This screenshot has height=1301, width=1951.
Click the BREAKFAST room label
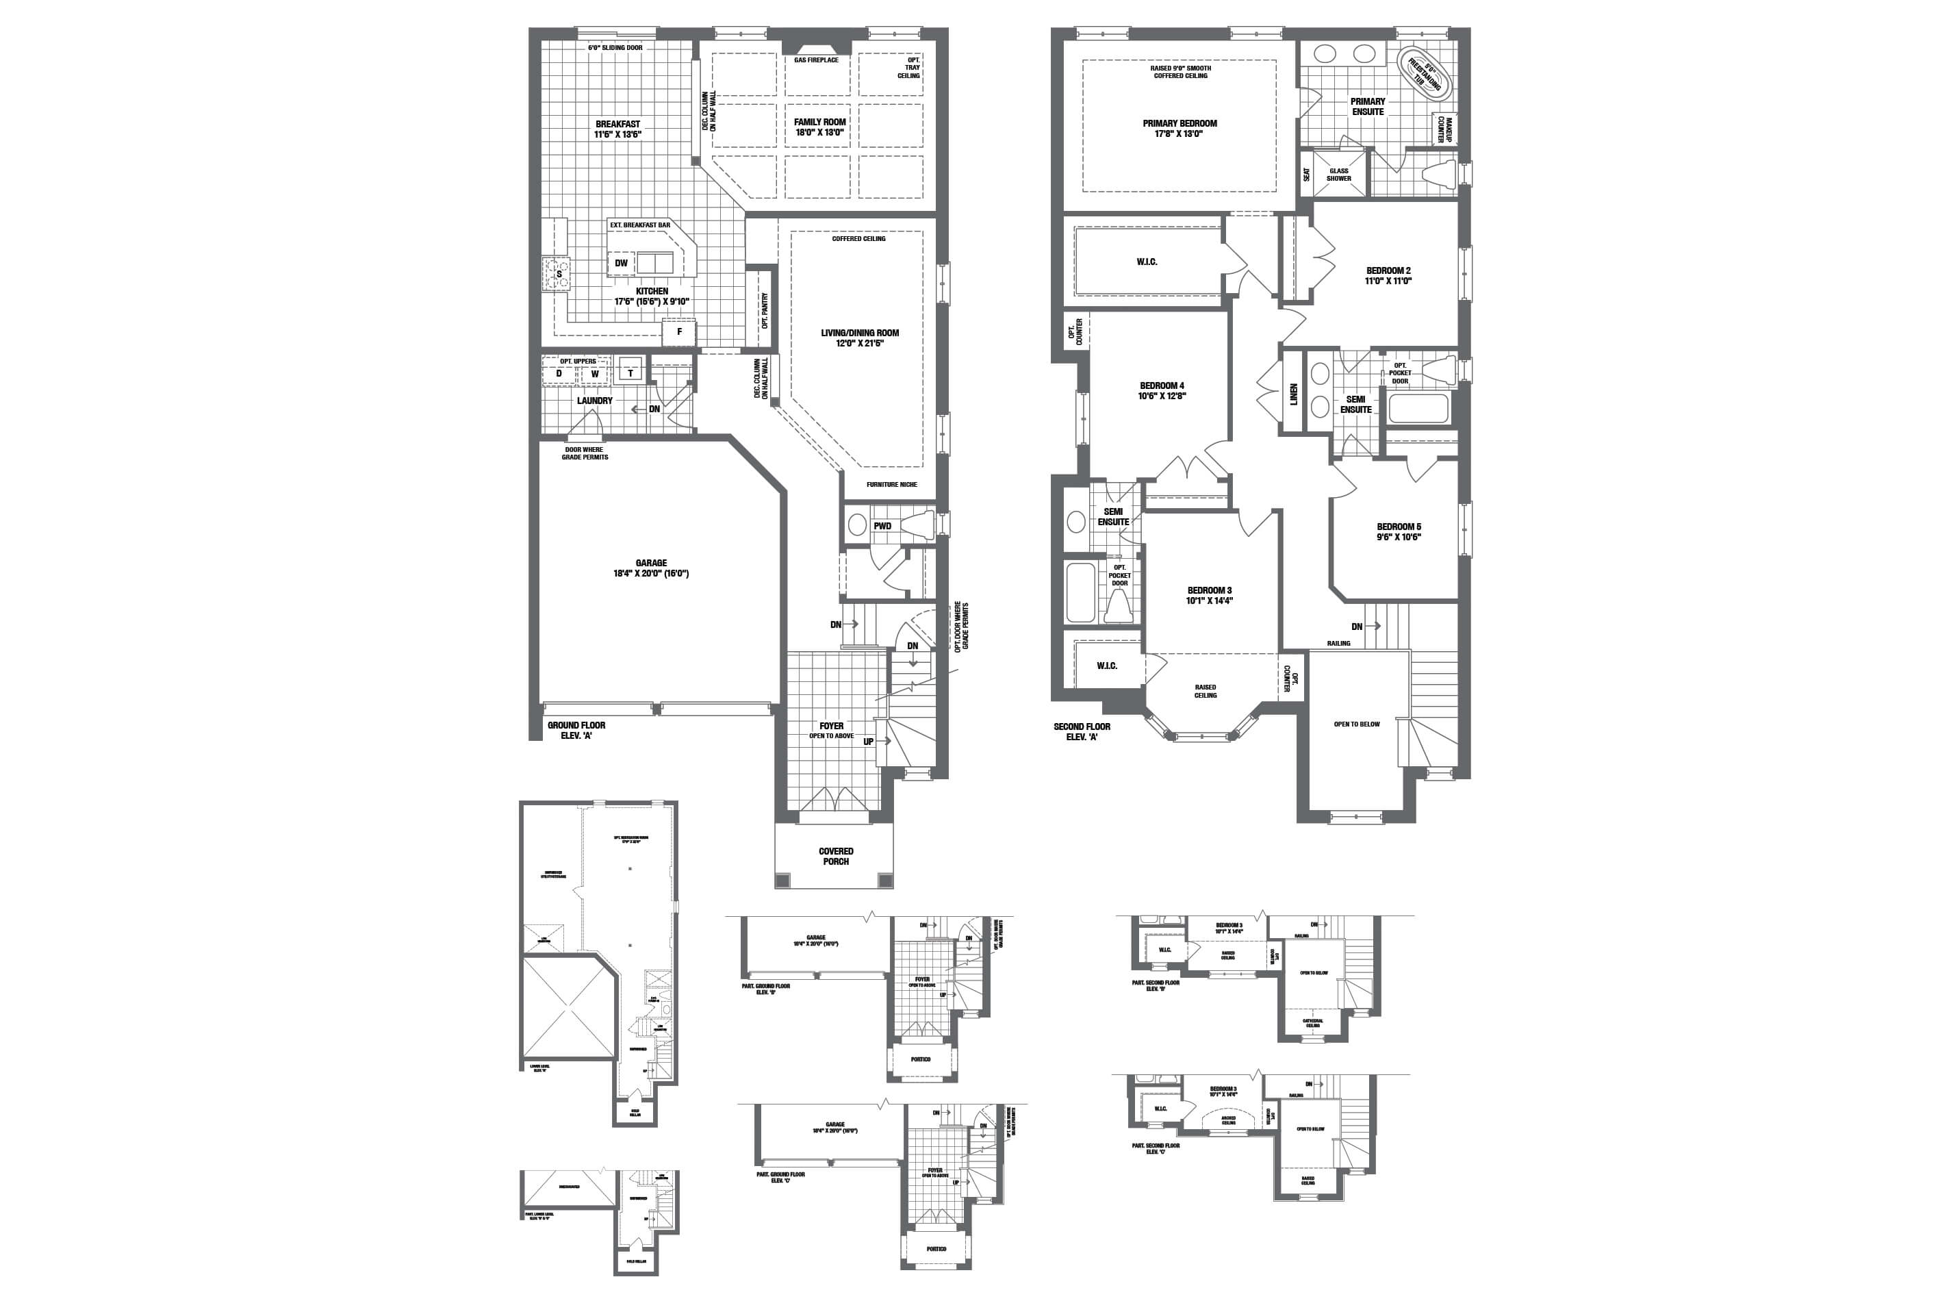617,125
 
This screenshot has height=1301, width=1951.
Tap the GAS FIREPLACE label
816,60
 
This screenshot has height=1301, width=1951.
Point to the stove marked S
557,274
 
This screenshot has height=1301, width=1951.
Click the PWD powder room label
882,526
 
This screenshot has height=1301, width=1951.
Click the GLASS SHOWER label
1339,174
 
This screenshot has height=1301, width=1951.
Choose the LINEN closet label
1293,393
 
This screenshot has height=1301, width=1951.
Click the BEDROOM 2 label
1388,270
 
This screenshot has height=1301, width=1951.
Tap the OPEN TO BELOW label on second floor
1356,724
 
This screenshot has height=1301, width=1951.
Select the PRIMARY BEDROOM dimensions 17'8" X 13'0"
1179,134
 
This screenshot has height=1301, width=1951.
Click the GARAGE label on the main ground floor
651,563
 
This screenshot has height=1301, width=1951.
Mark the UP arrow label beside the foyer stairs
869,742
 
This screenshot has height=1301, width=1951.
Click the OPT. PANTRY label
764,310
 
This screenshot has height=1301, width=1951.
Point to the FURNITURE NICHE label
892,485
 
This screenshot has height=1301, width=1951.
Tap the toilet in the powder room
917,525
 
